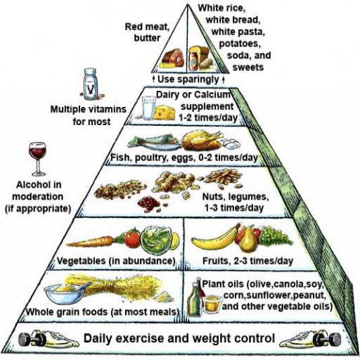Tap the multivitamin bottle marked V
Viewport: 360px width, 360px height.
(x=91, y=84)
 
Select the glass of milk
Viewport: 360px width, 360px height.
(x=148, y=108)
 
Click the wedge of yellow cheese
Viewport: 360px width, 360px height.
(x=165, y=112)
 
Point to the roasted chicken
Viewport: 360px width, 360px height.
(x=202, y=140)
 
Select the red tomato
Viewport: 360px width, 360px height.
(x=133, y=239)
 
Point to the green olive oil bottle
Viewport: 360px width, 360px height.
(x=193, y=297)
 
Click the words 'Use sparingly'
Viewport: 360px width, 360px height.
(x=188, y=79)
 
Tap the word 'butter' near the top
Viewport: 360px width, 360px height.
(x=147, y=38)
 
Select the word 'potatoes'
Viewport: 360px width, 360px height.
(x=239, y=44)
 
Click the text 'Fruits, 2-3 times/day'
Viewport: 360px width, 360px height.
(x=247, y=261)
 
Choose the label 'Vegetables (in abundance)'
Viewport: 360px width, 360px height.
(x=116, y=261)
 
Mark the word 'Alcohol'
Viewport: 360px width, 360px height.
(x=39, y=185)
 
